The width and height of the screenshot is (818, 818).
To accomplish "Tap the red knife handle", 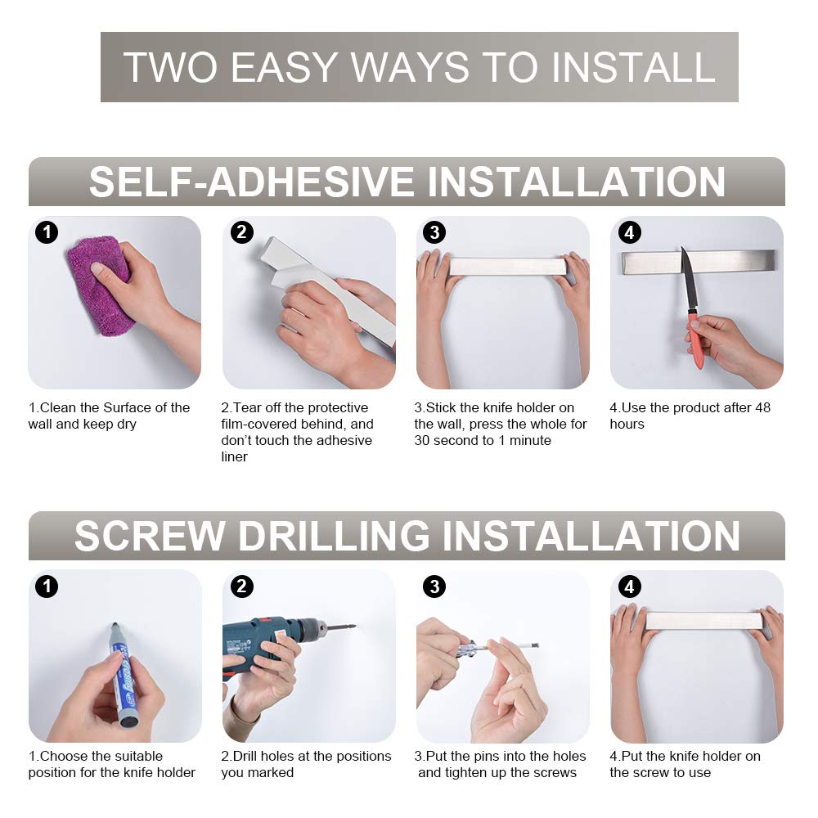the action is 695,339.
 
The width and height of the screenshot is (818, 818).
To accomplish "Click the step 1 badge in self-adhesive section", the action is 47,232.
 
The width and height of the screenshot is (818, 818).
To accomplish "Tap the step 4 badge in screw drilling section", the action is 629,587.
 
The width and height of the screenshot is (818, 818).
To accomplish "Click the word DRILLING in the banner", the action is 334,536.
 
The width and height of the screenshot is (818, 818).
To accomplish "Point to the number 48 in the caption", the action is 762,407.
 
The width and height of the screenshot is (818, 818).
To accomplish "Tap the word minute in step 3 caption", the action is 530,440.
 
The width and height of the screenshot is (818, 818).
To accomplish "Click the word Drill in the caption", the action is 245,756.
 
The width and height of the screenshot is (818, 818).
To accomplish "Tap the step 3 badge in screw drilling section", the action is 434,587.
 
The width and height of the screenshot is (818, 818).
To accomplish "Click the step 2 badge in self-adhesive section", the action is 241,232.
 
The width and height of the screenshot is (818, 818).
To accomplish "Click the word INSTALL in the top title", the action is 633,67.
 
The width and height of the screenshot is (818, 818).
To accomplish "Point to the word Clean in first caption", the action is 57,407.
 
